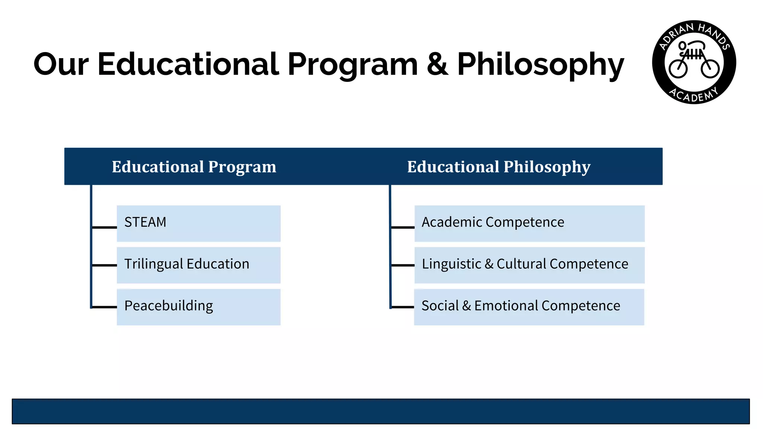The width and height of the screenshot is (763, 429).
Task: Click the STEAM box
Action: (x=198, y=223)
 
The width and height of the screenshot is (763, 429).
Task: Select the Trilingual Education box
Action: (x=198, y=265)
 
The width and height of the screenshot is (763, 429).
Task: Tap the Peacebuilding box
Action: (x=198, y=307)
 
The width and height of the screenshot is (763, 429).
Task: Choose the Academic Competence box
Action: (x=529, y=223)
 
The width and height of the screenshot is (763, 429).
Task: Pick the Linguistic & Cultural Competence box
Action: (x=529, y=265)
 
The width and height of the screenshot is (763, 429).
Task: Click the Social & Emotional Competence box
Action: (x=529, y=307)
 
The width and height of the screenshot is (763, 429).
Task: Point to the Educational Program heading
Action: (x=194, y=167)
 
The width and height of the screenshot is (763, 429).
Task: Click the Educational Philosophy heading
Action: (x=498, y=167)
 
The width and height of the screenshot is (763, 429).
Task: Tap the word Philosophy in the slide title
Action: (x=540, y=64)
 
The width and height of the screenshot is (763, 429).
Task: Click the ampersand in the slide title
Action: (x=437, y=64)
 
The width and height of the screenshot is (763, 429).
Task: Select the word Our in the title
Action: (x=61, y=64)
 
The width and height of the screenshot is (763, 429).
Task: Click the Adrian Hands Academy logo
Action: (x=694, y=62)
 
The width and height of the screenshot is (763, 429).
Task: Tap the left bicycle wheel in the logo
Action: (x=678, y=69)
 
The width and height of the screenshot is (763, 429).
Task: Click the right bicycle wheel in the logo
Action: (x=710, y=69)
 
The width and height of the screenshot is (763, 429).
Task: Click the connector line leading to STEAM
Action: (x=104, y=227)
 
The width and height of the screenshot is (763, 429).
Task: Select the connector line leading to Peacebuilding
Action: (x=104, y=307)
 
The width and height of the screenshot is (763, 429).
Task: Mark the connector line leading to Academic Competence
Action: (x=403, y=227)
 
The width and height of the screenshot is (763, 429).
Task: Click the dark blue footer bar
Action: (x=381, y=411)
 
